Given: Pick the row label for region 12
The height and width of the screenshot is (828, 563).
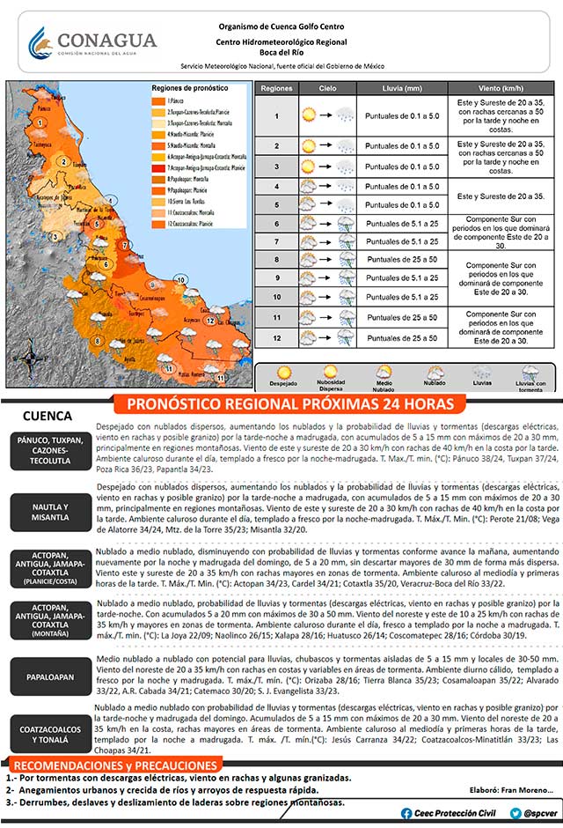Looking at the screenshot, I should (x=276, y=336).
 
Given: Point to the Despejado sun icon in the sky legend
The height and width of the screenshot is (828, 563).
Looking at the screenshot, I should (x=283, y=373).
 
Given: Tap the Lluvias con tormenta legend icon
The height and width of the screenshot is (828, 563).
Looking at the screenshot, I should (x=530, y=373).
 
